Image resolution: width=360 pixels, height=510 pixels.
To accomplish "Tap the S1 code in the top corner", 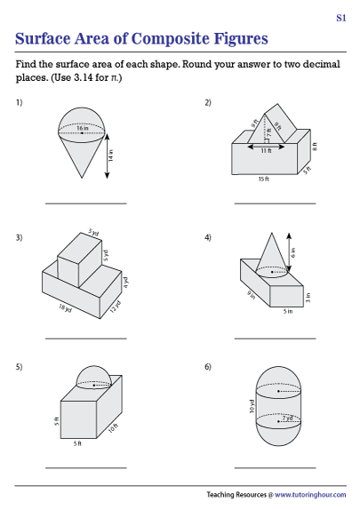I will click(x=341, y=18).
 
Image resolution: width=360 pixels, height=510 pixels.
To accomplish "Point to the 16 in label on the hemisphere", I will click(x=84, y=130).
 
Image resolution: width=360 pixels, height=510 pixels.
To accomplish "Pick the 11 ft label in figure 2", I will click(x=266, y=151).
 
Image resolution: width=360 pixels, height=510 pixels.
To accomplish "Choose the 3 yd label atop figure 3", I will click(x=94, y=234).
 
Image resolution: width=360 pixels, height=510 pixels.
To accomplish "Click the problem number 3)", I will click(x=19, y=237).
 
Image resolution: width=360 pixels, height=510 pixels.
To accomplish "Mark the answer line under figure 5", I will click(x=85, y=468).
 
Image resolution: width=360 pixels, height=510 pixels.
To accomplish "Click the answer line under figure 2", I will click(x=275, y=203).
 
